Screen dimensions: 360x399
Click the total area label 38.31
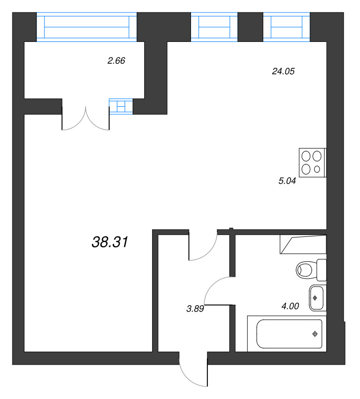click(110, 242)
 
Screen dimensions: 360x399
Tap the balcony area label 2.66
click(116, 60)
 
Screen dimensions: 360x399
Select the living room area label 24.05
click(283, 71)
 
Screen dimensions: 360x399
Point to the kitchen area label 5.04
click(287, 181)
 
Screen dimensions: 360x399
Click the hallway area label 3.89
click(195, 309)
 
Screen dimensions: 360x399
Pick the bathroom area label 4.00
click(290, 306)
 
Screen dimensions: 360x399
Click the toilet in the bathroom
click(311, 270)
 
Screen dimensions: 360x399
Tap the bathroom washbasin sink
click(318, 298)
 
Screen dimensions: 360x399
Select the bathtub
click(287, 334)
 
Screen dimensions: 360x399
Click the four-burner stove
click(313, 163)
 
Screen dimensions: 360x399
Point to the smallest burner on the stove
click(317, 169)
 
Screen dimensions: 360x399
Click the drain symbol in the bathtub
click(315, 334)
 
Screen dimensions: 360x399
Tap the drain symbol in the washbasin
click(315, 298)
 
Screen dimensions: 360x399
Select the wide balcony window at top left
click(87, 27)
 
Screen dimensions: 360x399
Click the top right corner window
click(287, 27)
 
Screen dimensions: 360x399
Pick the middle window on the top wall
click(214, 27)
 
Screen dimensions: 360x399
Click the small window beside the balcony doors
click(121, 106)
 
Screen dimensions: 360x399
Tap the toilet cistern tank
click(322, 270)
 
